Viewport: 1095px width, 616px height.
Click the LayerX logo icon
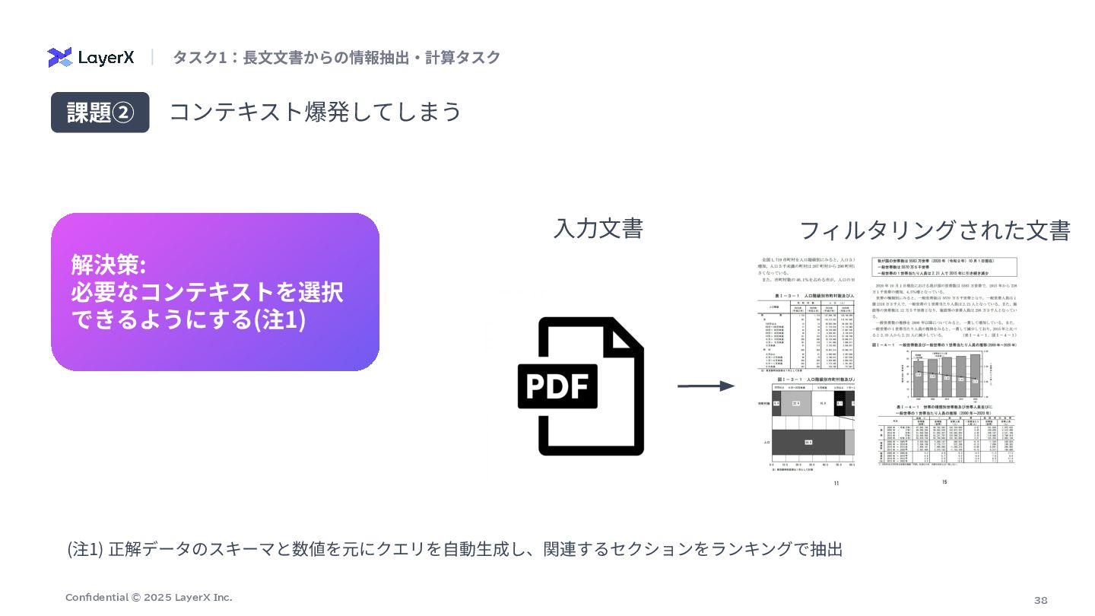point(59,58)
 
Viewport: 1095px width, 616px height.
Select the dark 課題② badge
point(100,113)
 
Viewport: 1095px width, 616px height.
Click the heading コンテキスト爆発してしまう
point(315,112)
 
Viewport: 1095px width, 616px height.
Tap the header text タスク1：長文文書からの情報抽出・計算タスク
point(336,58)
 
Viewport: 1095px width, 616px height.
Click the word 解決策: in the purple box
point(108,265)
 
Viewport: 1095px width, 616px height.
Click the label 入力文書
point(598,228)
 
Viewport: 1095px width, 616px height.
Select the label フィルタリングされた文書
point(935,230)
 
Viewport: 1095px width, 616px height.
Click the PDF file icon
point(580,386)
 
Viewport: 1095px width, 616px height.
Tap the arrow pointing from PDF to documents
point(706,386)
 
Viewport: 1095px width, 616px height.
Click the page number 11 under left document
point(836,484)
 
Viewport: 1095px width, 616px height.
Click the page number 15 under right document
point(944,481)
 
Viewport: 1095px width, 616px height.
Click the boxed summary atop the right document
point(944,266)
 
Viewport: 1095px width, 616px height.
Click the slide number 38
point(1040,600)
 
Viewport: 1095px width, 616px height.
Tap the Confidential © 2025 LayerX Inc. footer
point(149,598)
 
